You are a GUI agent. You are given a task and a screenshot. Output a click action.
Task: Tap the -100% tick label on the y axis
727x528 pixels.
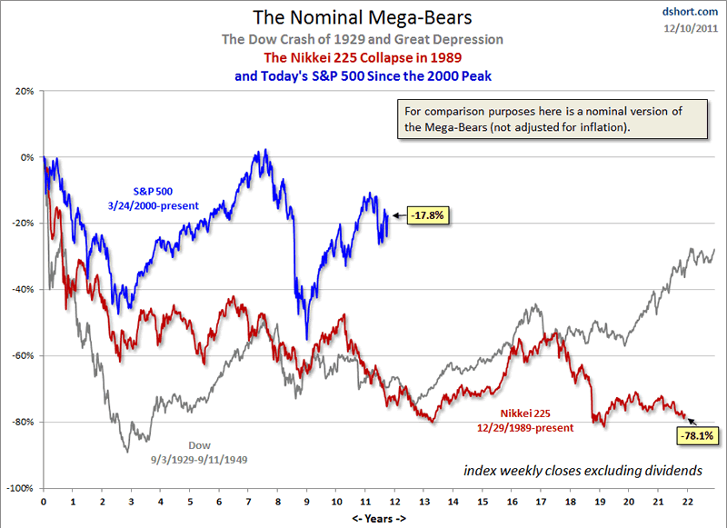(21, 488)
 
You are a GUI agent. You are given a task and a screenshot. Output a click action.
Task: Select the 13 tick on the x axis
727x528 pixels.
(424, 501)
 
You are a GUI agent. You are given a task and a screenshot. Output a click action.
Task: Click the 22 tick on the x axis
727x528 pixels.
(688, 501)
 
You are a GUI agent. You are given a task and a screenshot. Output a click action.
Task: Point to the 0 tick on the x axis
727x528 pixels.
(44, 501)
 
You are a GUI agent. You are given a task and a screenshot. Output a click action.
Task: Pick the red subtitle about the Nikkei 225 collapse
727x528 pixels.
(363, 58)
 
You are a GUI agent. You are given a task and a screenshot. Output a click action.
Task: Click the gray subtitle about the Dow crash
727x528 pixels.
(363, 40)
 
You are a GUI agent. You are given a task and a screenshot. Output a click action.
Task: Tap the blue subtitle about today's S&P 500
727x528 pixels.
(363, 76)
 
